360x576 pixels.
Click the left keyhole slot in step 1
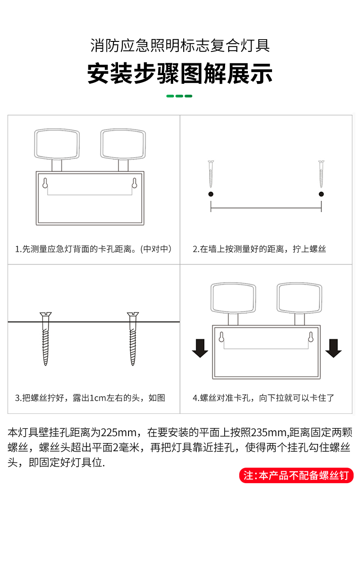click(x=45, y=183)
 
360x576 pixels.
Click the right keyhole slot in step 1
click(x=134, y=183)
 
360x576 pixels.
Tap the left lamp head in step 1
click(x=57, y=144)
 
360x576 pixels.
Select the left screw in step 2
click(x=211, y=174)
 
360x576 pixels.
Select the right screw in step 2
click(x=321, y=174)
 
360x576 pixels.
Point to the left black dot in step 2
click(x=211, y=194)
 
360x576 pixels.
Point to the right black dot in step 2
click(x=321, y=194)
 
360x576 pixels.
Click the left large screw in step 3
click(x=46, y=339)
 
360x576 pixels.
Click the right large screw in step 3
click(x=133, y=339)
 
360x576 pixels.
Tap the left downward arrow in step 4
click(x=200, y=348)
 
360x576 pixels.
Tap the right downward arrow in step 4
click(x=333, y=348)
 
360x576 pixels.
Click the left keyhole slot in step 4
click(x=221, y=337)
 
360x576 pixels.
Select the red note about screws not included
click(x=296, y=475)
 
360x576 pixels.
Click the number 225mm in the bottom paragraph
click(x=118, y=433)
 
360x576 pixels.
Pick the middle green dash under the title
click(x=180, y=96)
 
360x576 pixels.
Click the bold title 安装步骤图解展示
click(x=180, y=73)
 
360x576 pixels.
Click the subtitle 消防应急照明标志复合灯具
click(x=180, y=46)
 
